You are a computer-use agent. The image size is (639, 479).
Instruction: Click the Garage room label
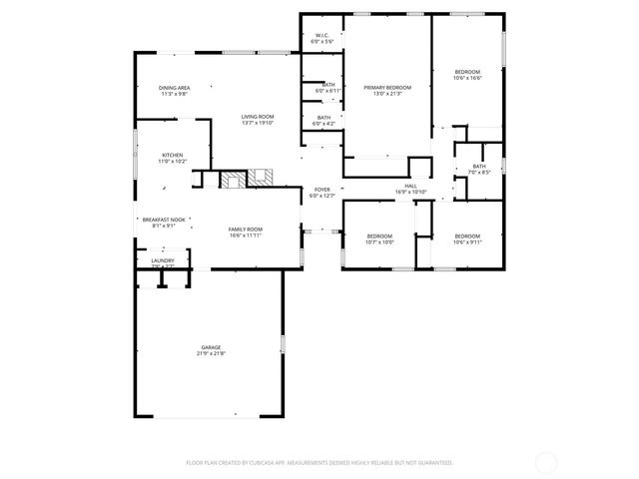pyautogui.click(x=211, y=348)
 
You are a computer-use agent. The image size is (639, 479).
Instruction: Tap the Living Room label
pyautogui.click(x=257, y=117)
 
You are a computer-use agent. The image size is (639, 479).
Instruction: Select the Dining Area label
pyautogui.click(x=174, y=88)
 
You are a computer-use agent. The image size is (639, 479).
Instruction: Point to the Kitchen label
pyautogui.click(x=173, y=155)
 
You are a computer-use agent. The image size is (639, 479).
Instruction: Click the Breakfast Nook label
pyautogui.click(x=163, y=220)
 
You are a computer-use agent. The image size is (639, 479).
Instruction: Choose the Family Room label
pyautogui.click(x=245, y=230)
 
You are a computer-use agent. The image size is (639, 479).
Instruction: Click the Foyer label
pyautogui.click(x=321, y=189)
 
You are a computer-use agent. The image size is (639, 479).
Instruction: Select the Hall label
pyautogui.click(x=410, y=186)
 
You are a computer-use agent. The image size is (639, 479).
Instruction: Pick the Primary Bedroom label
pyautogui.click(x=387, y=88)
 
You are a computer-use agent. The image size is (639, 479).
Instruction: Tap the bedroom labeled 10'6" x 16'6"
pyautogui.click(x=467, y=72)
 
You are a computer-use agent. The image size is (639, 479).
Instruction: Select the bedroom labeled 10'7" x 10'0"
pyautogui.click(x=379, y=236)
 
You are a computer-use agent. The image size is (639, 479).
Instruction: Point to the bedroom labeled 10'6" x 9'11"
pyautogui.click(x=466, y=236)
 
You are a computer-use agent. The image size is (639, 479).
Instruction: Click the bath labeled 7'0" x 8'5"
pyautogui.click(x=479, y=166)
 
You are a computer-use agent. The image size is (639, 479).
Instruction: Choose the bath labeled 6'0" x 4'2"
pyautogui.click(x=323, y=118)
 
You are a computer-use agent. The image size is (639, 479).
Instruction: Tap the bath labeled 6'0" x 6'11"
pyautogui.click(x=328, y=85)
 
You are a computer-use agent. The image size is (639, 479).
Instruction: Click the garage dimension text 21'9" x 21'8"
pyautogui.click(x=211, y=354)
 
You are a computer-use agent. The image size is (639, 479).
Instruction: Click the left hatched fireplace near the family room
pyautogui.click(x=233, y=180)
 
